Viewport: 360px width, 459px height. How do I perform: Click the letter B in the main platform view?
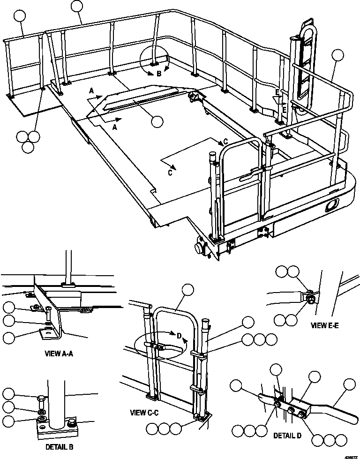point(159,74)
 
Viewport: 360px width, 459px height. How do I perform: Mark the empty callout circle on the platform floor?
point(157,121)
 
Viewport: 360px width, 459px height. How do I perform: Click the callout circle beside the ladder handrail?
point(337,56)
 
